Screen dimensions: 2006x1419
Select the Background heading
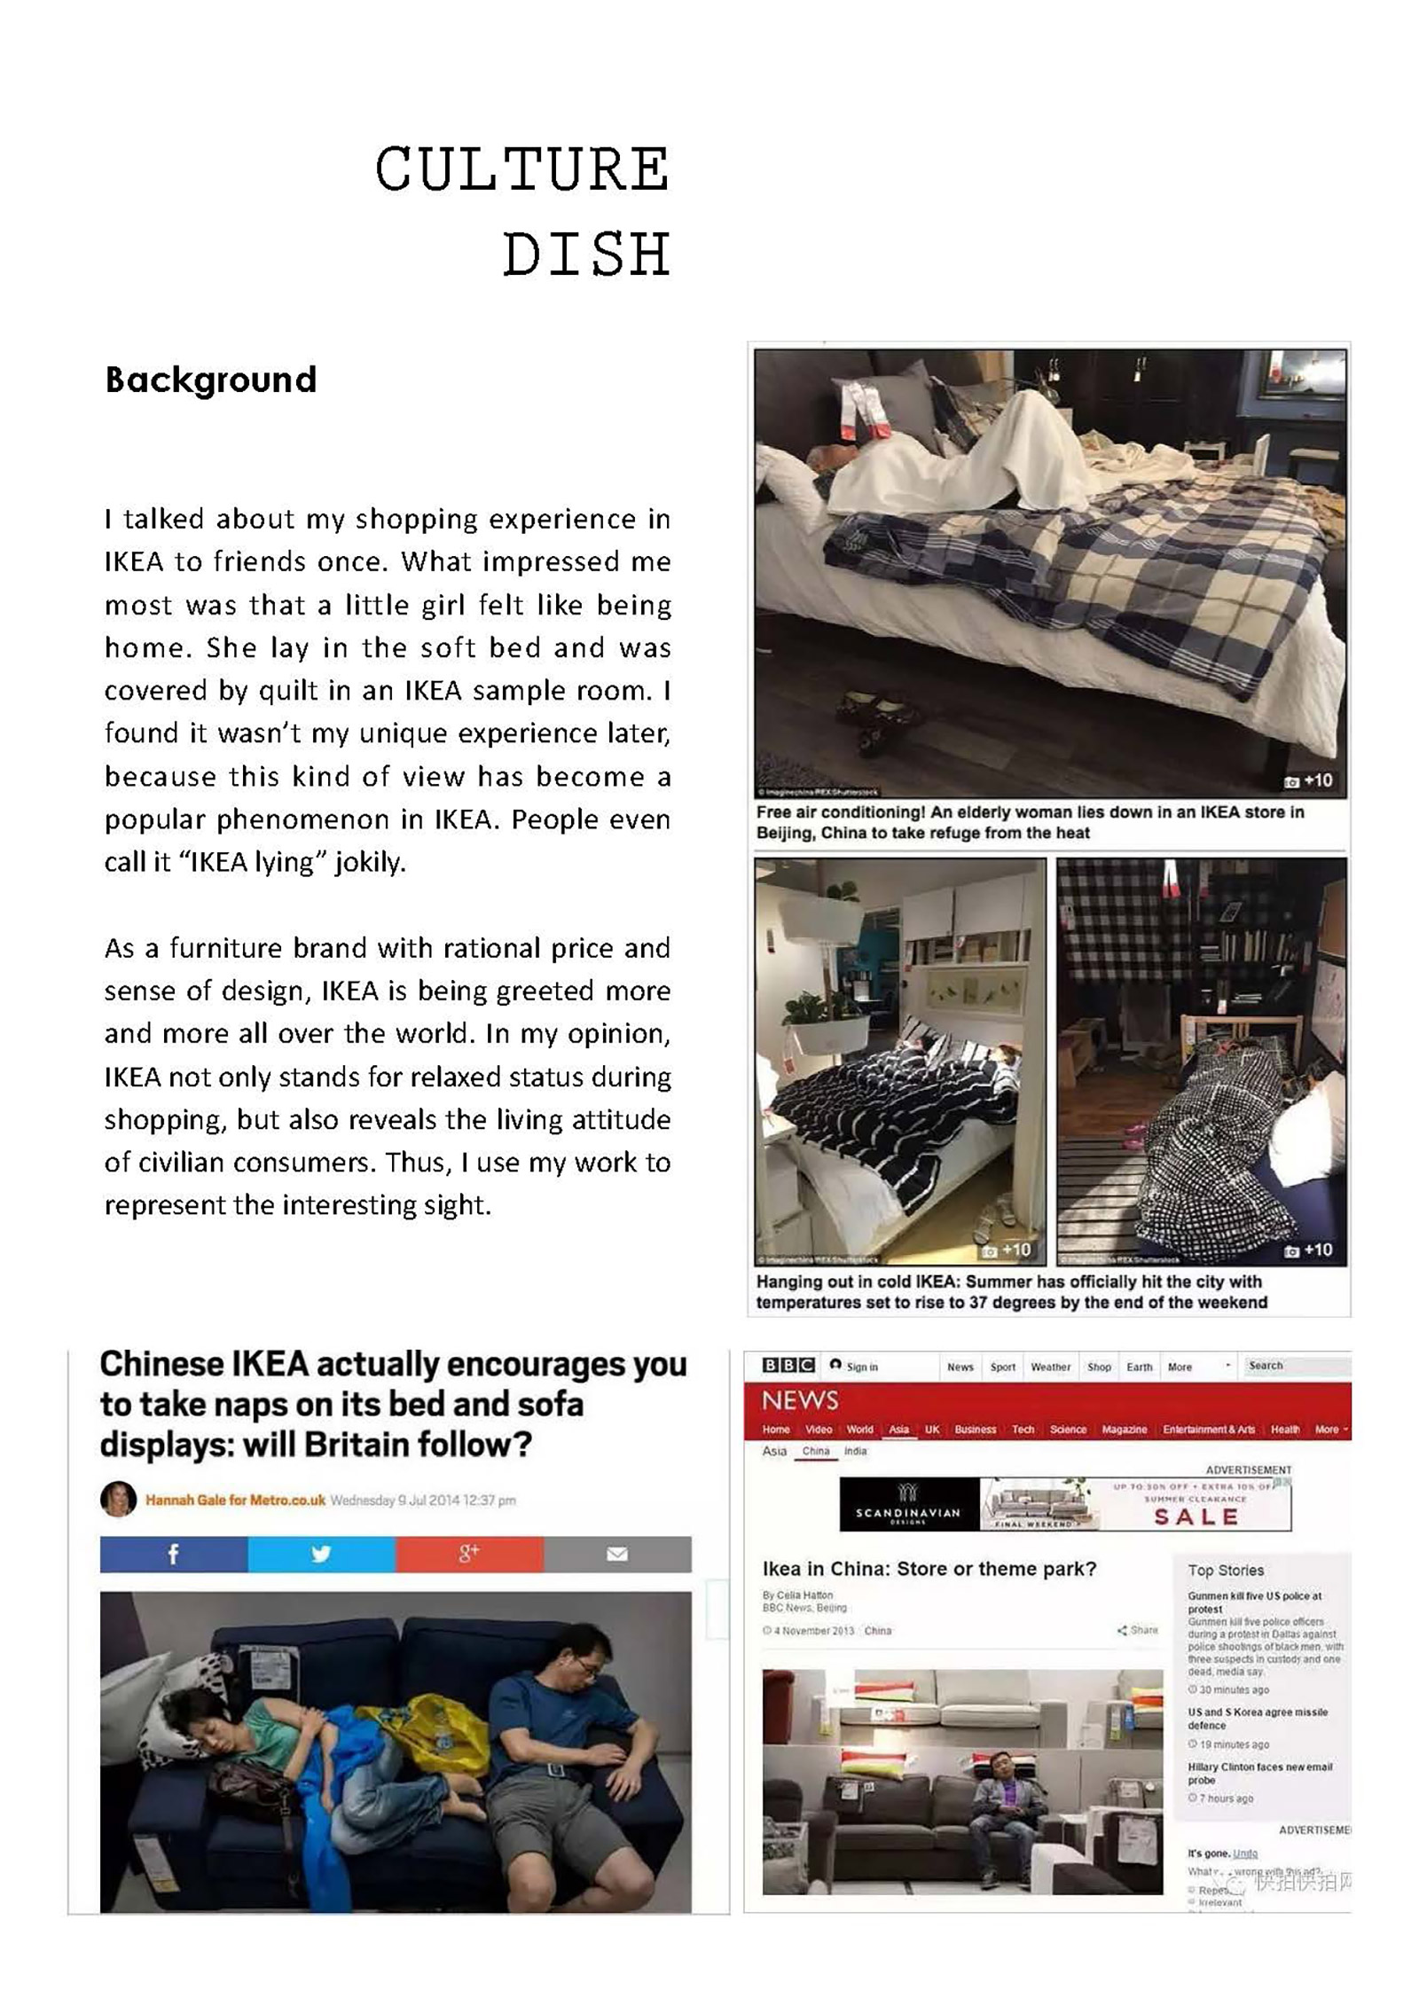pos(210,380)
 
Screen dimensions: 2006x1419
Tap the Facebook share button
pos(174,1554)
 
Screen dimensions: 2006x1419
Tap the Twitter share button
pos(321,1554)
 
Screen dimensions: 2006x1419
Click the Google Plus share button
pos(469,1554)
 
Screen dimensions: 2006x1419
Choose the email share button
pos(617,1554)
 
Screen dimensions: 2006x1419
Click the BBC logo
pos(788,1366)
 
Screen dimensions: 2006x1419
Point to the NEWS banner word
pos(799,1400)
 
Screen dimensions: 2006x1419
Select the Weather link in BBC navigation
pos(1050,1367)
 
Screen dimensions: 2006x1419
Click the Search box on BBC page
pos(1295,1366)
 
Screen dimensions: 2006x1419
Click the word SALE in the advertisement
pos(1196,1516)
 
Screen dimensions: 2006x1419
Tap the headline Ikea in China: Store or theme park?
pos(929,1569)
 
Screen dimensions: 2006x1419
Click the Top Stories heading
pos(1226,1570)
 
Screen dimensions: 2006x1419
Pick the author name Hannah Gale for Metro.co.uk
pos(235,1501)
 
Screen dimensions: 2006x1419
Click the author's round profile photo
pos(118,1500)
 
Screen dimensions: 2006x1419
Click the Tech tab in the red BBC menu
pos(1023,1430)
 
